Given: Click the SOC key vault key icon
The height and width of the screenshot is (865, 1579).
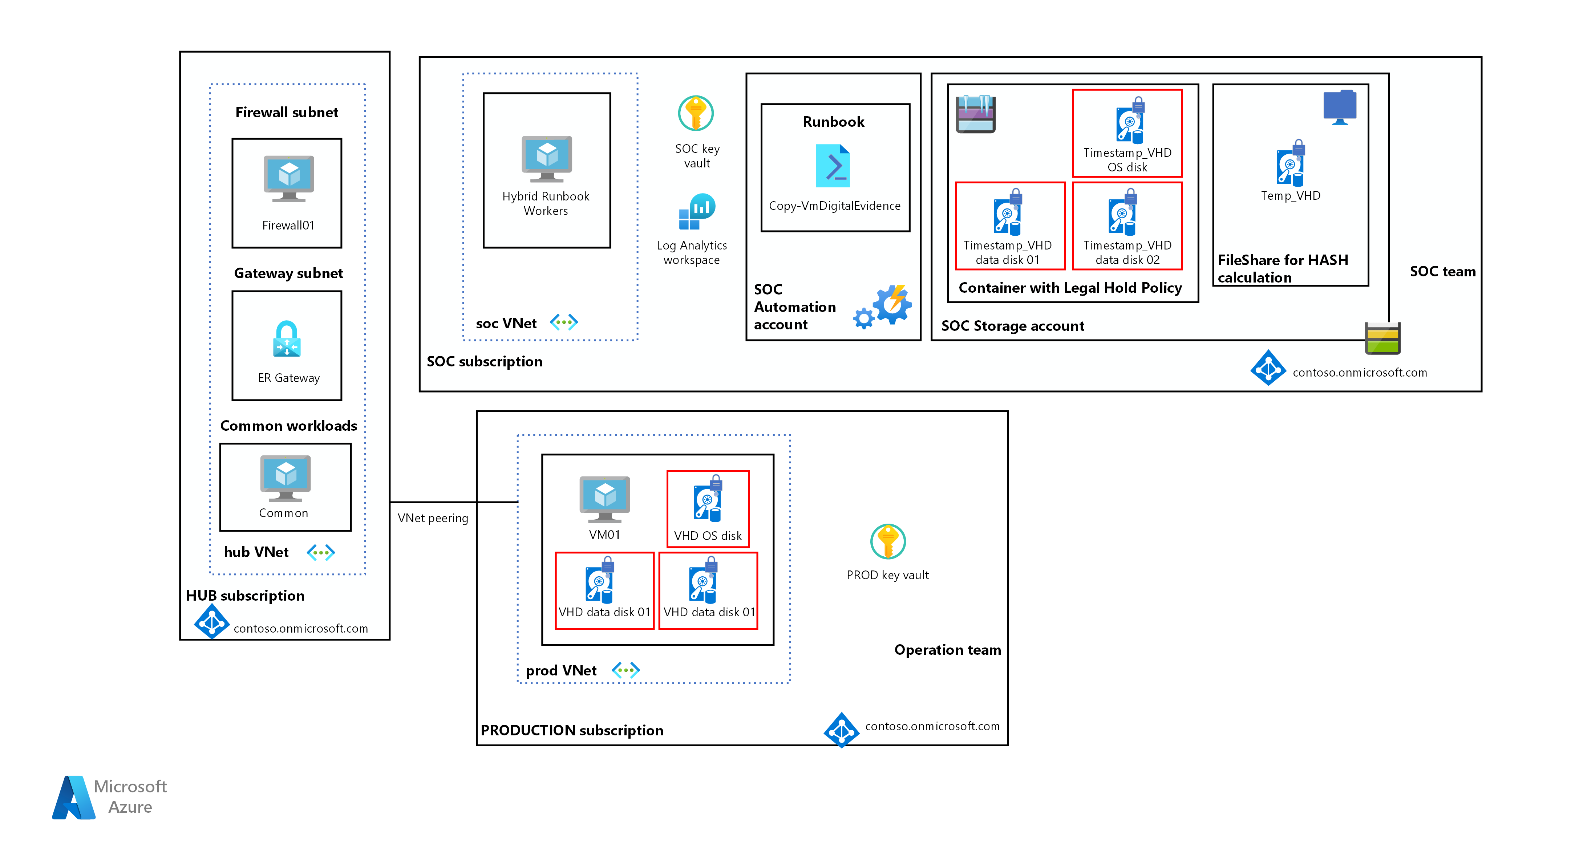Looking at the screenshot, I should point(696,113).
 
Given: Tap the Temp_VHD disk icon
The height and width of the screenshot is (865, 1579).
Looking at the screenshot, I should point(1290,163).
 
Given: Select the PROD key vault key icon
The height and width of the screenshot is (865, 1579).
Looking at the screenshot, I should point(888,541).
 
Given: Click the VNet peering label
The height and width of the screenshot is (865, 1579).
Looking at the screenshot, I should point(433,518).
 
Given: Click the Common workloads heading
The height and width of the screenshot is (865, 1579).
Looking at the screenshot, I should point(288,426).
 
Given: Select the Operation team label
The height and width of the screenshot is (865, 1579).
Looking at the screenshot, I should point(947,650).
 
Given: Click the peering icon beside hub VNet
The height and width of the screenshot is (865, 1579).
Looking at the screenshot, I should point(321,553).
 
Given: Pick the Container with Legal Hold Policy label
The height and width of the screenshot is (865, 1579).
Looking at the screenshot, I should point(1070,288).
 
